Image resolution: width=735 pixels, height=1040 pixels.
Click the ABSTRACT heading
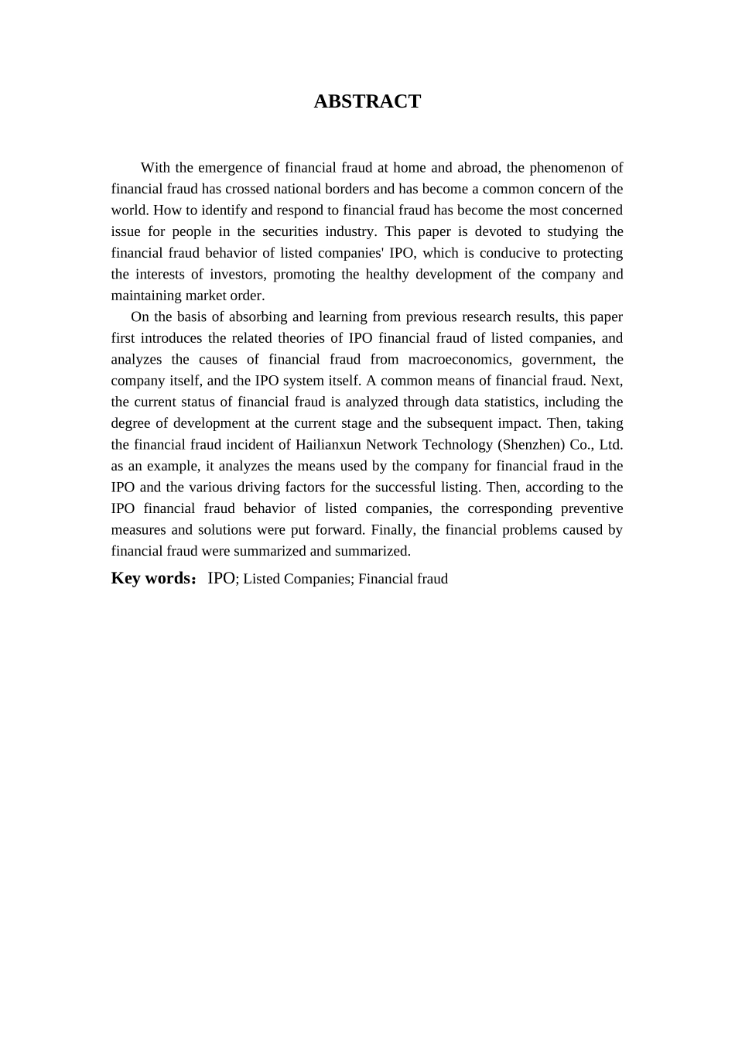367,101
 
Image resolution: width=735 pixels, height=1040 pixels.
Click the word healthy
387,274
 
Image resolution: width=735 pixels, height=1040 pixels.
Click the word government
556,359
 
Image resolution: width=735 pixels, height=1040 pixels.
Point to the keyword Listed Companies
297,579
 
